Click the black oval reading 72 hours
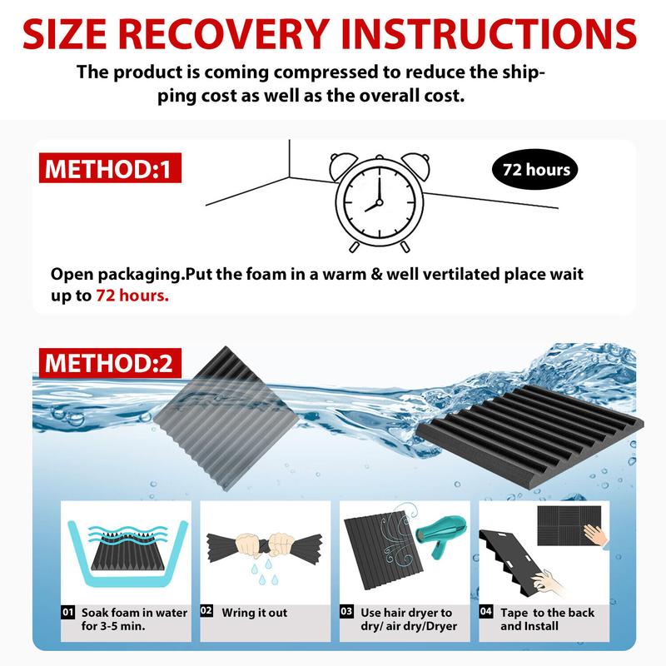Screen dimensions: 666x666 pyautogui.click(x=535, y=170)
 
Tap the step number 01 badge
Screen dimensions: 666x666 pyautogui.click(x=69, y=613)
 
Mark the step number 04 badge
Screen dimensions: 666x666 pyautogui.click(x=488, y=613)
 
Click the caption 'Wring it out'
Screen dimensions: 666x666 pyautogui.click(x=255, y=613)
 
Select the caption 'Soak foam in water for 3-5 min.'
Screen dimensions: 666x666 pyautogui.click(x=133, y=619)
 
